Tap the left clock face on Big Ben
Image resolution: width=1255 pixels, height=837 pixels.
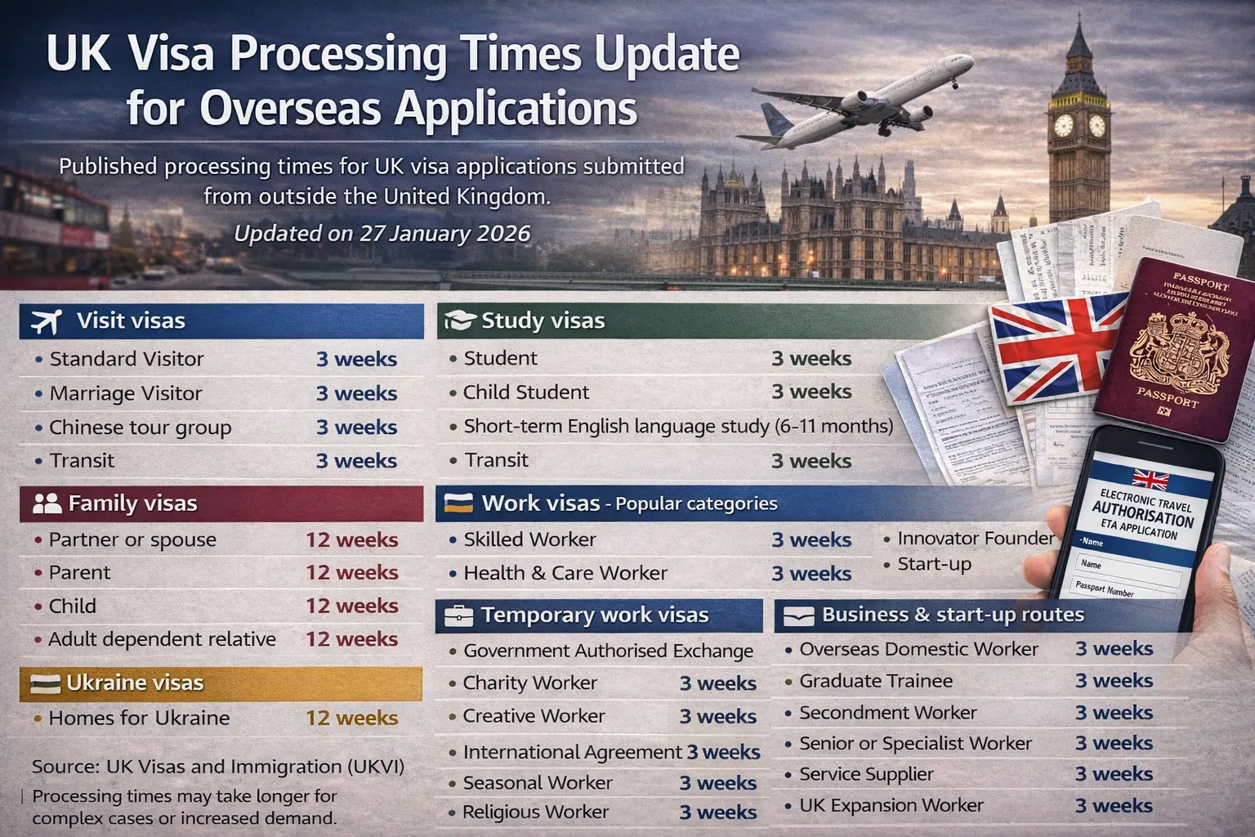click(1063, 125)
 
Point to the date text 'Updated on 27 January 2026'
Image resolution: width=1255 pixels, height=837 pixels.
click(382, 234)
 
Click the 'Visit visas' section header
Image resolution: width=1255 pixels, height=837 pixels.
click(131, 321)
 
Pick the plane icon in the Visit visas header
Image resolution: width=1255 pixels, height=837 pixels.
click(46, 321)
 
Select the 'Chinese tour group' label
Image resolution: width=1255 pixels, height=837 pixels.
click(140, 427)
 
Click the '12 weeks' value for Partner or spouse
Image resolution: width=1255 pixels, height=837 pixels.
click(351, 540)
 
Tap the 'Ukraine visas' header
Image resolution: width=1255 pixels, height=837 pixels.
click(135, 683)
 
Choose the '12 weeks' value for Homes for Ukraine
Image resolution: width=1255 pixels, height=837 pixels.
click(351, 718)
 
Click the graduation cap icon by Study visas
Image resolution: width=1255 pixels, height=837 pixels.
click(458, 321)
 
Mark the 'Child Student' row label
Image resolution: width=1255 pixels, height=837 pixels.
click(525, 392)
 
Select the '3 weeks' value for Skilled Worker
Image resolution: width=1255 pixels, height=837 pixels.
click(811, 540)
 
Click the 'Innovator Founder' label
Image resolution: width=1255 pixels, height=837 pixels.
click(976, 539)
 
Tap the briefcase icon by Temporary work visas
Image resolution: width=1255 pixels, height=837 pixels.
click(458, 615)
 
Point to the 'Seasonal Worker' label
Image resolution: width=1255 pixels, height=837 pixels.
click(537, 783)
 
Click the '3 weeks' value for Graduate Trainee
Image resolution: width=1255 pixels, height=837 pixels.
click(1114, 681)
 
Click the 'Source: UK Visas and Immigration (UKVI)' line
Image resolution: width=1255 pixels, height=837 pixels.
click(218, 767)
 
